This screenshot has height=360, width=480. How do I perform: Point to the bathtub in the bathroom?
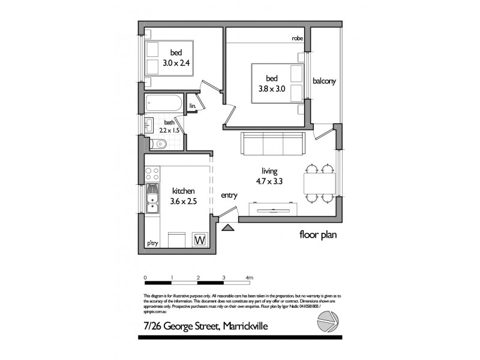coord(163,103)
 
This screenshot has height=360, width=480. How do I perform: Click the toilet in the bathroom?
coord(159,143)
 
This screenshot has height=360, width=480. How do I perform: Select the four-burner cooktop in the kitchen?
coord(152,174)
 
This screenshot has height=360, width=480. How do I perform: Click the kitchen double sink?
coord(152,200)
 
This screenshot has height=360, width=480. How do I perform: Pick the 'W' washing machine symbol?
coord(199,240)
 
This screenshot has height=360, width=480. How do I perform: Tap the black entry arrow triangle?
coord(227,227)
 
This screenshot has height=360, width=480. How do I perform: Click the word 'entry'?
coord(229,195)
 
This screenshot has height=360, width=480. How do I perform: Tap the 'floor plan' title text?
coord(318,235)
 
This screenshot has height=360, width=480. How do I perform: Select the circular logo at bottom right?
coord(327,322)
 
